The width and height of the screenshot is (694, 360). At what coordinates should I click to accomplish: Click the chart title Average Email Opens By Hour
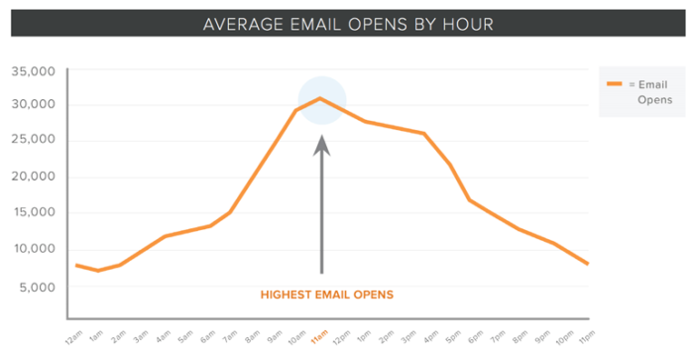tap(346, 22)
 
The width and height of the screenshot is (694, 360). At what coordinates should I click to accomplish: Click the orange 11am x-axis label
tap(320, 336)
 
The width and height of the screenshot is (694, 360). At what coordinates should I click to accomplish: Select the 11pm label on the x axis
tap(588, 336)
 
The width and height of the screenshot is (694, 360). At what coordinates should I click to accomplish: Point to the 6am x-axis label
tap(209, 336)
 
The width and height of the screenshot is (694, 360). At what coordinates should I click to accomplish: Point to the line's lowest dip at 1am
tap(97, 271)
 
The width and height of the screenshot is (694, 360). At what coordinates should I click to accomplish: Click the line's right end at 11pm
tap(588, 264)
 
